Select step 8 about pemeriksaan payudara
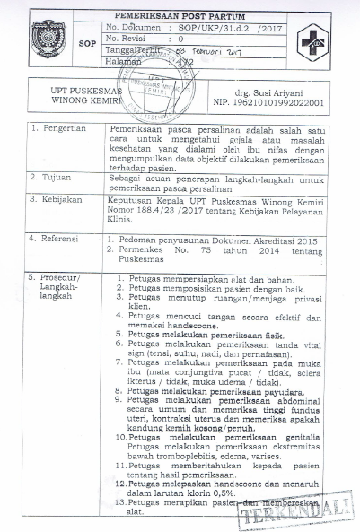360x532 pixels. click(205, 391)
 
